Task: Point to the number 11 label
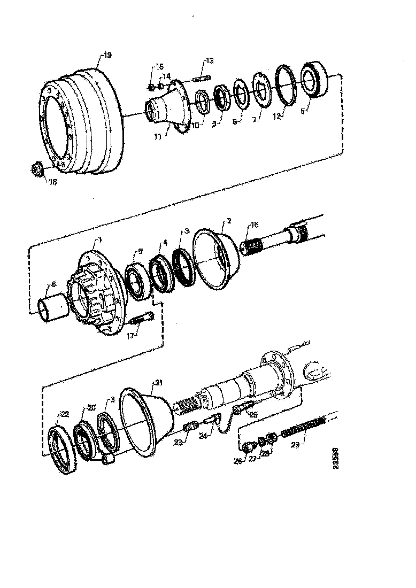coord(158,136)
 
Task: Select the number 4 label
coord(165,242)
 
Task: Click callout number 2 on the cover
coord(228,220)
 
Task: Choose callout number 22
coord(64,414)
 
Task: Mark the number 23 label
coord(178,442)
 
